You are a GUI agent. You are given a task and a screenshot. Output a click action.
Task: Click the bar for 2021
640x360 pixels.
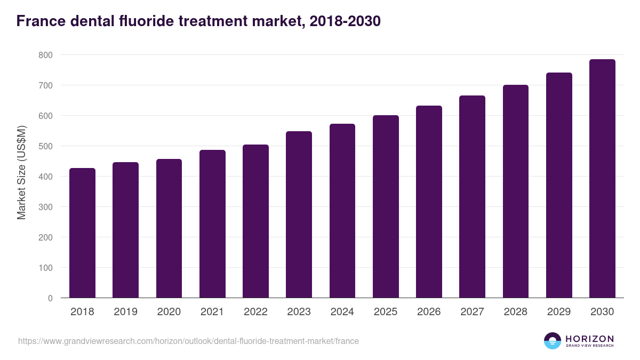tap(212, 224)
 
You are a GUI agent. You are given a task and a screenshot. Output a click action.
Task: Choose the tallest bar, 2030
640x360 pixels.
tap(602, 179)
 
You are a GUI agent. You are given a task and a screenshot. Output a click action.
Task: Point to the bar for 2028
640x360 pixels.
tap(515, 191)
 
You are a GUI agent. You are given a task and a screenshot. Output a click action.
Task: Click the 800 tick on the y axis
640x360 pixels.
tap(45, 55)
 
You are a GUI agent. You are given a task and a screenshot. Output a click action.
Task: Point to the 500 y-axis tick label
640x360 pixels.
tap(45, 146)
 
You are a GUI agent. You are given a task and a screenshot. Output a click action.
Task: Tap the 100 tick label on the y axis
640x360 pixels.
tap(45, 268)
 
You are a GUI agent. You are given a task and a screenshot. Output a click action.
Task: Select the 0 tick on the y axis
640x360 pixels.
tap(50, 298)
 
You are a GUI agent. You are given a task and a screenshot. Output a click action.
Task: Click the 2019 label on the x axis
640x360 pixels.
tap(125, 312)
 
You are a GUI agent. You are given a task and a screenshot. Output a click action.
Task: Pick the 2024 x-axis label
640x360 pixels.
tap(342, 312)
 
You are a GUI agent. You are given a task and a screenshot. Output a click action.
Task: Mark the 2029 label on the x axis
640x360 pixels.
tap(559, 312)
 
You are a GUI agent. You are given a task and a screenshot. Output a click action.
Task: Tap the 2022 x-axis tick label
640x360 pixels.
tap(255, 312)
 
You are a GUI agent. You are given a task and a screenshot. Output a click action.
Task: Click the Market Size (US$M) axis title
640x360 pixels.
tap(21, 173)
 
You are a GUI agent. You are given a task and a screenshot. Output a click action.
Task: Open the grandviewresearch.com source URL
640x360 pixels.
tap(188, 341)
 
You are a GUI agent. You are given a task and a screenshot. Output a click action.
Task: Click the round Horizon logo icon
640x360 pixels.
tap(553, 341)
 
